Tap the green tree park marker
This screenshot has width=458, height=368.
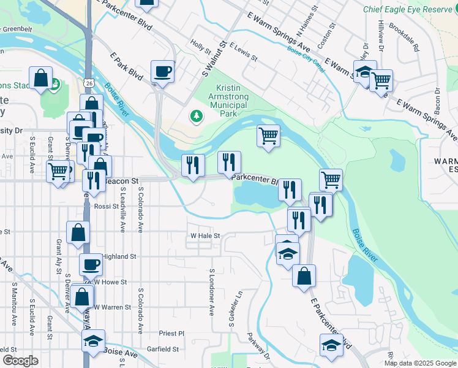click(196, 115)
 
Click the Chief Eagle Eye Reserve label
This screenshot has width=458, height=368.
click(406, 9)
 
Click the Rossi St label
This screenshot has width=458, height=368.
click(107, 207)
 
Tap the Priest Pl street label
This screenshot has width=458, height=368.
click(171, 334)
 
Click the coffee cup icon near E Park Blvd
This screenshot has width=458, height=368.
click(163, 71)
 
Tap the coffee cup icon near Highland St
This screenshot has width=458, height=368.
click(91, 264)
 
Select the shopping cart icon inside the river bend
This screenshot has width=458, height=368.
click(268, 135)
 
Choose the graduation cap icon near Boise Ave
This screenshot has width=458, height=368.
click(93, 340)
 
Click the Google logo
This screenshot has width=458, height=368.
click(20, 361)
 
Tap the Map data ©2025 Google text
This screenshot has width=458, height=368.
click(419, 363)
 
